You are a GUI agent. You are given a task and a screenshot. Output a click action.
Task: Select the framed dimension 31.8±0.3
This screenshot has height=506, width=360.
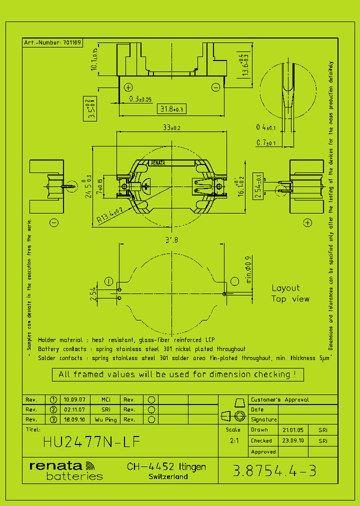pos(171,109)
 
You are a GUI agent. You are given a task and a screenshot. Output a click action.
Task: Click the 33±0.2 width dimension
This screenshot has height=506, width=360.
pos(171,128)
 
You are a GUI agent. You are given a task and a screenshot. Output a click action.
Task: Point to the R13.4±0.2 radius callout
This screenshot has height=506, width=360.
pos(109,214)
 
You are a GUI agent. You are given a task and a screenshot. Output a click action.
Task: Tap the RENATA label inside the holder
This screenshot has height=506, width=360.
pos(158,163)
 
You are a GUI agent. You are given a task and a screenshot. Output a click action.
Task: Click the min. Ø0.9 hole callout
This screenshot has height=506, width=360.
pos(249,270)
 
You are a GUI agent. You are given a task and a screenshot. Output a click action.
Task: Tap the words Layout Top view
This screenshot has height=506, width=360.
pos(290,293)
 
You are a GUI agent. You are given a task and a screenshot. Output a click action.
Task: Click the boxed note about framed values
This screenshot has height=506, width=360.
pos(177,374)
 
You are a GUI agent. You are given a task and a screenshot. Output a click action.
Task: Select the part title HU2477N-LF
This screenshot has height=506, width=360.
pos(91,442)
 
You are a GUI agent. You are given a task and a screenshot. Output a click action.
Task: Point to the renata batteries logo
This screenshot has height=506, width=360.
pos(66,470)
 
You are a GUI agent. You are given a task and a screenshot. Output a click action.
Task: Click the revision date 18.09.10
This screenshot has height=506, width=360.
pos(74,419)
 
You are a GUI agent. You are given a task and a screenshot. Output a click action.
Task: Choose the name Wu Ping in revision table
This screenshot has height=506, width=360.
pos(105,419)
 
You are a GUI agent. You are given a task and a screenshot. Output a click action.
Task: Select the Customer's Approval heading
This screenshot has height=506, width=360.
pos(279,399)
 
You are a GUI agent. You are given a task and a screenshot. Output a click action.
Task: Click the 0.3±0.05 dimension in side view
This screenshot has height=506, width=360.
pos(140,99)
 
